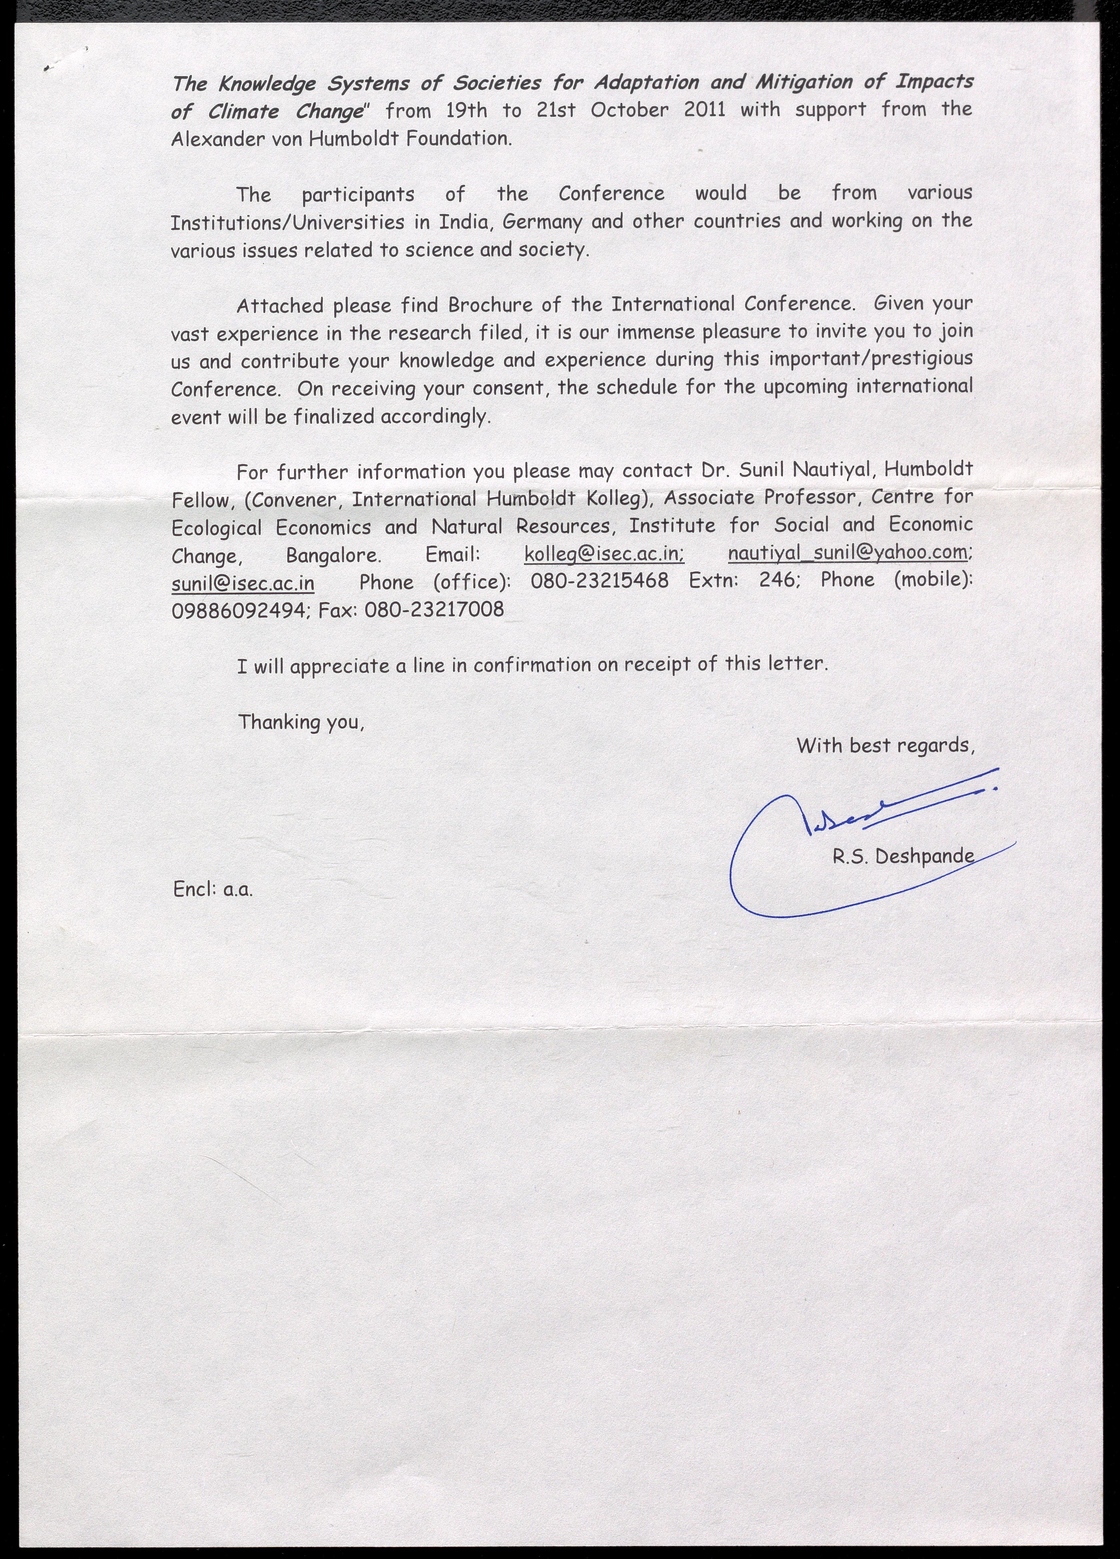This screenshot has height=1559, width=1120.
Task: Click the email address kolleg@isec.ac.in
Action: point(603,554)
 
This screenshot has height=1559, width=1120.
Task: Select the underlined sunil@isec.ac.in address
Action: point(243,583)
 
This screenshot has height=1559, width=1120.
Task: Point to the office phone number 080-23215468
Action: point(599,581)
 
